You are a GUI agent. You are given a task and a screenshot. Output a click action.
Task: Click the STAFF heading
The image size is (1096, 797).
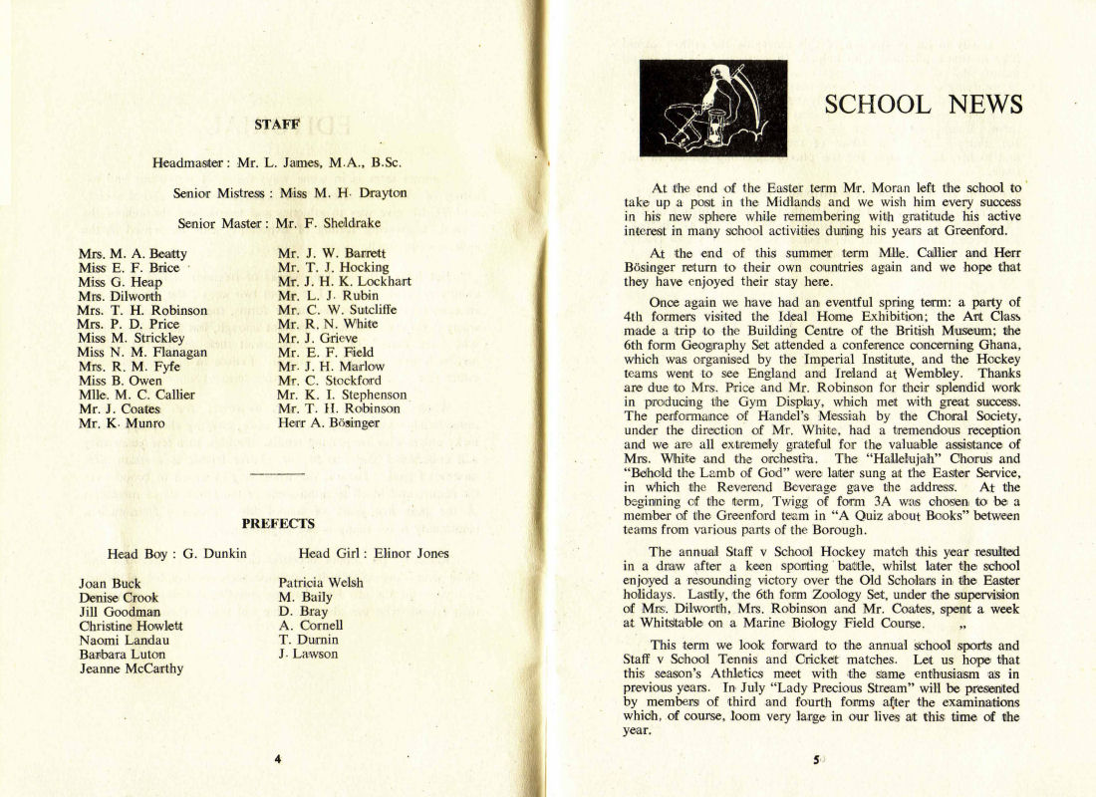(x=278, y=125)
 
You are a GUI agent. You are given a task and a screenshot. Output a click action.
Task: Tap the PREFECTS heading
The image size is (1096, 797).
(x=278, y=523)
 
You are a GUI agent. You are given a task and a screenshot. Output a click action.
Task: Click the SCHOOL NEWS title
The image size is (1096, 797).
(x=924, y=105)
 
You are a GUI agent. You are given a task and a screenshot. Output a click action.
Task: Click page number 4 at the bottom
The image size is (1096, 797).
(x=278, y=759)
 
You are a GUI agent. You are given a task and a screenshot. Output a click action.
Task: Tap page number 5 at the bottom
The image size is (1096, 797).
(x=815, y=760)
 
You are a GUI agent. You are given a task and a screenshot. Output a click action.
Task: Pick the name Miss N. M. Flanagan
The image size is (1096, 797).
(x=141, y=352)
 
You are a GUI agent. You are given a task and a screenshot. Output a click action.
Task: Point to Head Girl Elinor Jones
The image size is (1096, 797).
(x=374, y=554)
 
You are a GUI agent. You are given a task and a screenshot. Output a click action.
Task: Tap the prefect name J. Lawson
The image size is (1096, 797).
(x=308, y=655)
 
